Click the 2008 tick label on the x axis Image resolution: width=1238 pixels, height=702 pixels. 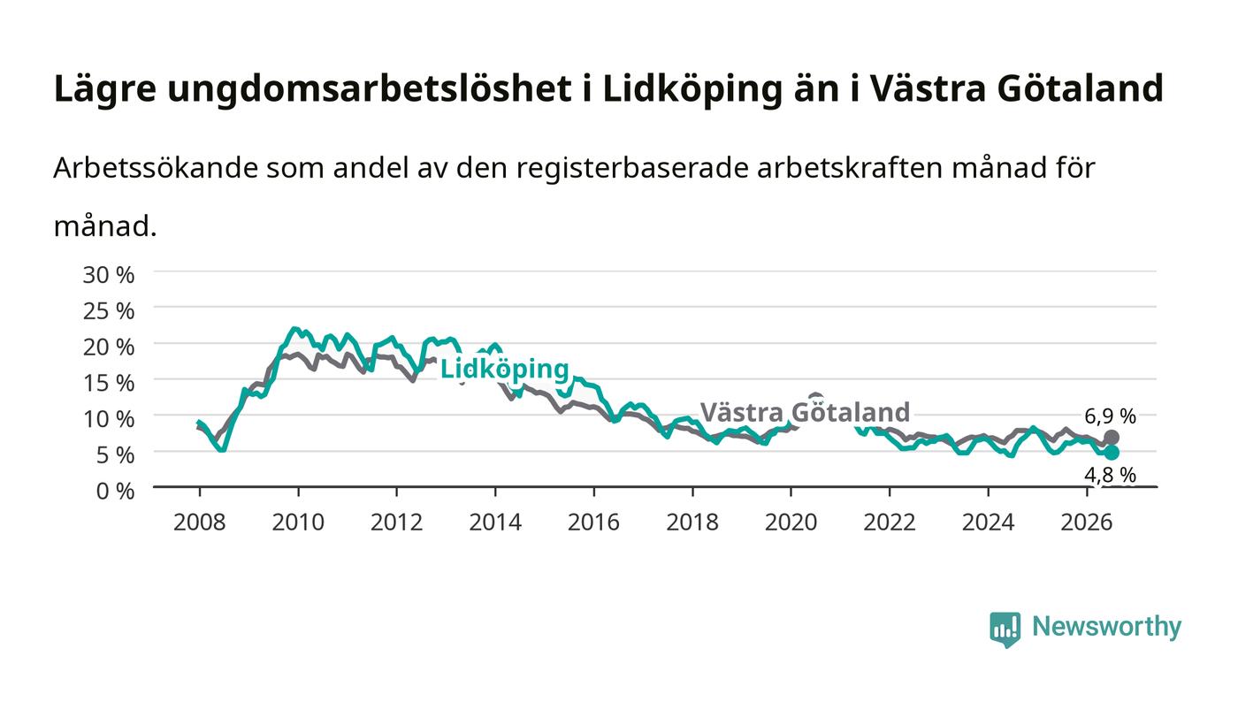pyautogui.click(x=200, y=523)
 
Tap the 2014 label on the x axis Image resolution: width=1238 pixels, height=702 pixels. pyautogui.click(x=495, y=523)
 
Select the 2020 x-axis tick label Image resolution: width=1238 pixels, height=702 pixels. pyautogui.click(x=791, y=523)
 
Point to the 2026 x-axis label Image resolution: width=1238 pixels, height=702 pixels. pyautogui.click(x=1087, y=523)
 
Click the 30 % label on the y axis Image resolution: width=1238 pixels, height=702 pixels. pyautogui.click(x=109, y=275)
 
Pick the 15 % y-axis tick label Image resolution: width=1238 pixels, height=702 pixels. pyautogui.click(x=109, y=383)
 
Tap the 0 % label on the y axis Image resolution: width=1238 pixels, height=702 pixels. pyautogui.click(x=116, y=491)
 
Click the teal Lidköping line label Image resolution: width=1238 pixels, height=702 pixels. pyautogui.click(x=505, y=370)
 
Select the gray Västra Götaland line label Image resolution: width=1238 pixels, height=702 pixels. pyautogui.click(x=806, y=412)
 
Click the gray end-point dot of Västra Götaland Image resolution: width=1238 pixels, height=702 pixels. pyautogui.click(x=1112, y=438)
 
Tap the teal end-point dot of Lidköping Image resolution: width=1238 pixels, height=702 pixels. pyautogui.click(x=1112, y=453)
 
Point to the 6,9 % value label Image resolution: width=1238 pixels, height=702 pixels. pyautogui.click(x=1111, y=416)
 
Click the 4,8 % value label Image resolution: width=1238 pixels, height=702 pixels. pyautogui.click(x=1111, y=475)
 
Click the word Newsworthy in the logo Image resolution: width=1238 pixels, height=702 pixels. pyautogui.click(x=1107, y=627)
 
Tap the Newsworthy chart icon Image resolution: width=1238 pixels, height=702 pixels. pyautogui.click(x=1005, y=630)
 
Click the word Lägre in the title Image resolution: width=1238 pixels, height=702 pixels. pyautogui.click(x=105, y=89)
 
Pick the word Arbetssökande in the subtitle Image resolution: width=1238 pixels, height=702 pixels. pyautogui.click(x=156, y=167)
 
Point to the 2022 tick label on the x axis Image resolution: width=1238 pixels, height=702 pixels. pyautogui.click(x=890, y=523)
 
